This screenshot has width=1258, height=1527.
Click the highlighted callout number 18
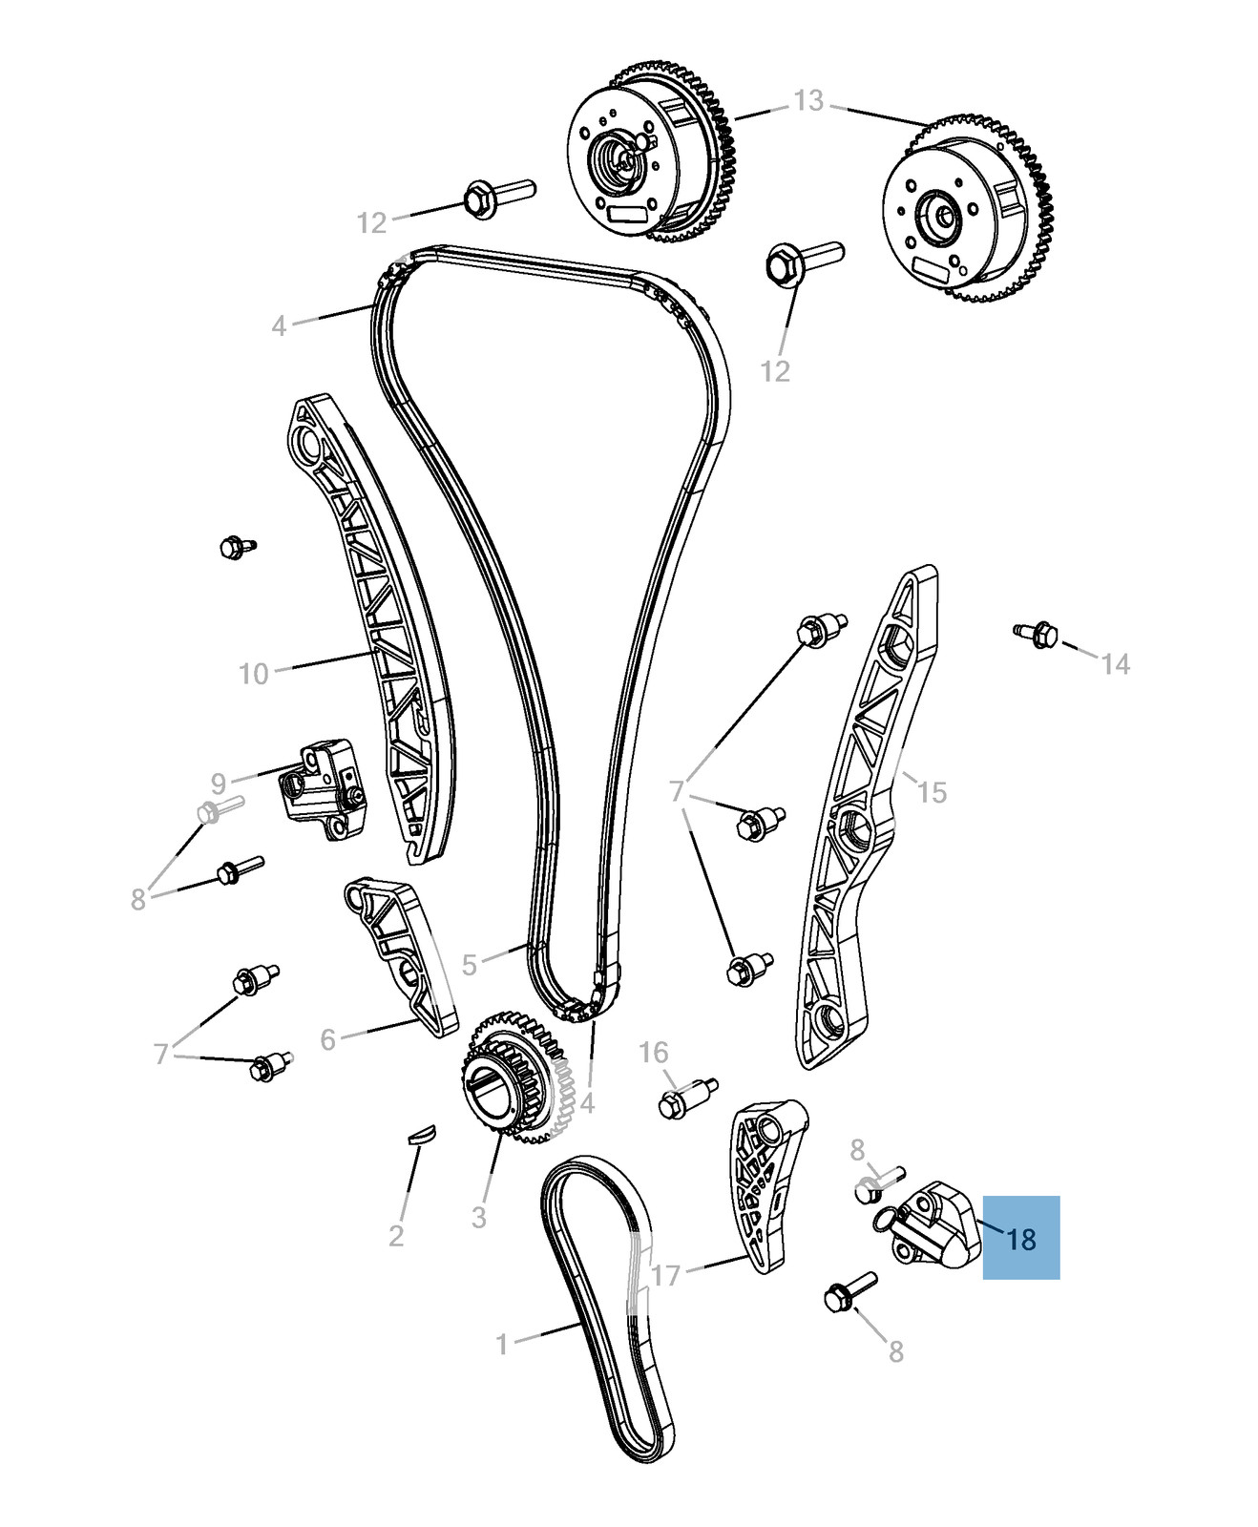tap(1021, 1239)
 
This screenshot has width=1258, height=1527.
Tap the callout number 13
tap(807, 100)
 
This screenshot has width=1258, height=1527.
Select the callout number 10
tap(254, 674)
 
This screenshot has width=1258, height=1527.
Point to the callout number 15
tap(932, 792)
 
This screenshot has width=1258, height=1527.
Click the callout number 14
tap(1115, 663)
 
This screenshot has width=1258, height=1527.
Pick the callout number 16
tap(653, 1053)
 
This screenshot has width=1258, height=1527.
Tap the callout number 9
tap(219, 784)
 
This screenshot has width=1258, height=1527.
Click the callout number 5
tap(469, 965)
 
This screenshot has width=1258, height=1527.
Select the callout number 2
tap(396, 1236)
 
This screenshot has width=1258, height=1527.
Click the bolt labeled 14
tap(1037, 632)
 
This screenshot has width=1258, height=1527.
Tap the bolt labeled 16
tap(685, 1098)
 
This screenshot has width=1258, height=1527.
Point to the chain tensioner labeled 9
tap(321, 788)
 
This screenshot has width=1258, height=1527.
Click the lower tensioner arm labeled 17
tap(764, 1183)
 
